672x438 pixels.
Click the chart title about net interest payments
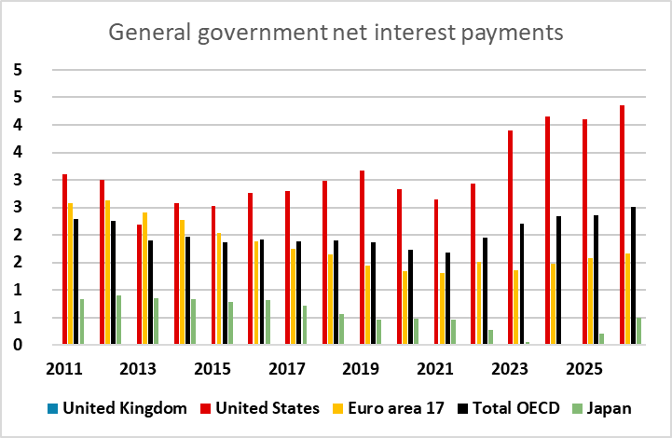point(336,34)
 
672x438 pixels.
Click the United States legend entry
point(267,407)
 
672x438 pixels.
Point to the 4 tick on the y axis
point(17,125)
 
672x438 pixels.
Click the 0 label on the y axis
point(17,345)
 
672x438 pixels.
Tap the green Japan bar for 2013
point(156,322)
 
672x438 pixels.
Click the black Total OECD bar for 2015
point(225,294)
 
